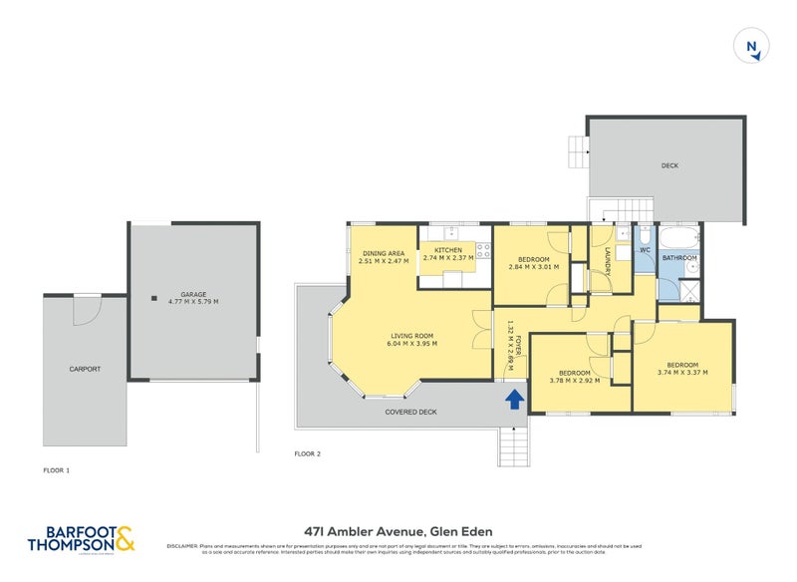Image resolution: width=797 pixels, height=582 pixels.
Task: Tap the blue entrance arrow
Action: [x=514, y=399]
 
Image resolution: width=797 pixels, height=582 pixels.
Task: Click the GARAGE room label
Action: [x=193, y=295]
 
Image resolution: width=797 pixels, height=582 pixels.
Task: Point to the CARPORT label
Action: [x=85, y=370]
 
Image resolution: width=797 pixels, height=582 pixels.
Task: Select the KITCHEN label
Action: [x=447, y=250]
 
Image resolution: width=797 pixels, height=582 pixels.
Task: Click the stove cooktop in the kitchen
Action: [x=484, y=251]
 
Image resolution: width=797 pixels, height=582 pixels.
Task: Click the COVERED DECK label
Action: [x=414, y=410]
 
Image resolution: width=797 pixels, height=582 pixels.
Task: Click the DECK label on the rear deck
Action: [x=668, y=165]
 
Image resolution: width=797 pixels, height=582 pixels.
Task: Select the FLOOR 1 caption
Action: [x=57, y=469]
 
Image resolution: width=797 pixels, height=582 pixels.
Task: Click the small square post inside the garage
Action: [x=153, y=297]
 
